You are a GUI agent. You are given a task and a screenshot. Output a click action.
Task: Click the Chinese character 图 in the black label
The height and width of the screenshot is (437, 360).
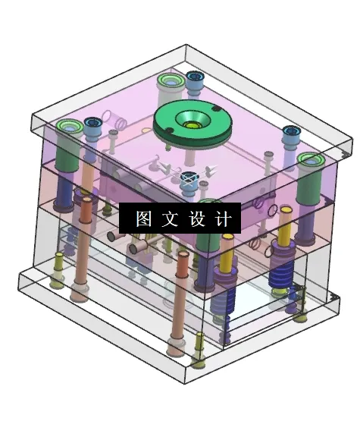pos(144,218)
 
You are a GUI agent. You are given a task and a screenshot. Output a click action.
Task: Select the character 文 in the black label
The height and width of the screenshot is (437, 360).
pos(170,218)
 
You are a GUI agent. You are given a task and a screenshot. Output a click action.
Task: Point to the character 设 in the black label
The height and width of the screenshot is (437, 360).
pos(196,218)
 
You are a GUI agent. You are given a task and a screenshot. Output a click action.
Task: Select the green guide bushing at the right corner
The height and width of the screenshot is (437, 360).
pos(311,160)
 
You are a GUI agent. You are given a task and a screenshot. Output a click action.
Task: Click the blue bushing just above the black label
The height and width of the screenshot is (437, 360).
pos(189,180)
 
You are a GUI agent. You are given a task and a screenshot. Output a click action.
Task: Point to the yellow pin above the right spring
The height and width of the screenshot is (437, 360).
pos(285,231)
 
